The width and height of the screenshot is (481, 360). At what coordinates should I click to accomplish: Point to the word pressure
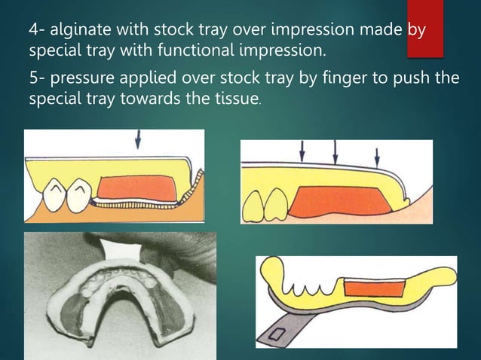click(x=81, y=78)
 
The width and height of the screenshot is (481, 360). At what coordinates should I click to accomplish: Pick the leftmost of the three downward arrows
click(x=302, y=151)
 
